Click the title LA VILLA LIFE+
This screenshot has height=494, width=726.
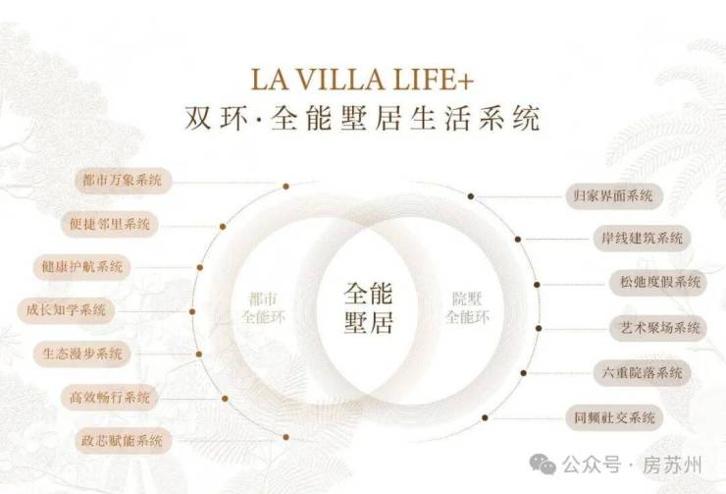[362, 79]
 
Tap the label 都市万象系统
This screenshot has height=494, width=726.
[123, 180]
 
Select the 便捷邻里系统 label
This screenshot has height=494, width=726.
[109, 224]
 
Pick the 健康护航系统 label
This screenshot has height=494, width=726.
[82, 267]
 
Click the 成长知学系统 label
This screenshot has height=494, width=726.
[66, 310]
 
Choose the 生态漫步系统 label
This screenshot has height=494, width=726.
[82, 354]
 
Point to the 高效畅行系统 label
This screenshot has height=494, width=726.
[109, 397]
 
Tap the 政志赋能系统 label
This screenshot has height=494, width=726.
[123, 440]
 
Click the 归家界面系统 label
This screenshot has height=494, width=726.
[613, 196]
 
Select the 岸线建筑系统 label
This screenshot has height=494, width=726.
[642, 239]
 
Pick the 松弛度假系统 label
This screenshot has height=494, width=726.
[660, 282]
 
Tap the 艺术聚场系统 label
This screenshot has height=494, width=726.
[659, 328]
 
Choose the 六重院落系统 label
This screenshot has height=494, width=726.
[642, 372]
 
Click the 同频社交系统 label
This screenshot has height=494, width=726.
[614, 417]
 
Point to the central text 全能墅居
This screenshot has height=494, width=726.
[368, 307]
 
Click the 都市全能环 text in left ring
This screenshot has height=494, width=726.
[263, 307]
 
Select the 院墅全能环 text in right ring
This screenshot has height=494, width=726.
[467, 307]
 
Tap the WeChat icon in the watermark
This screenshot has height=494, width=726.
[543, 464]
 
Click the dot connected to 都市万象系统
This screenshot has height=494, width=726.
[286, 187]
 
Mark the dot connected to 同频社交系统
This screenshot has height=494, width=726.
[485, 417]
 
